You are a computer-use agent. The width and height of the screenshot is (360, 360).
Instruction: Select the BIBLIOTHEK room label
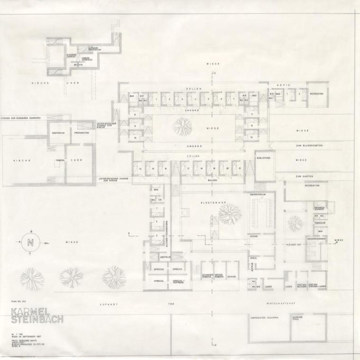pos(264,158)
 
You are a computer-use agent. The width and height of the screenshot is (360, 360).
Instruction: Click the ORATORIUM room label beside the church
pos(58,133)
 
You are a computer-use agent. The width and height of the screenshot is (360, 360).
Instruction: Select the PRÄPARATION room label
pos(81,133)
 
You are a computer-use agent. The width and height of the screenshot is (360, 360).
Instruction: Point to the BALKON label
pos(212,180)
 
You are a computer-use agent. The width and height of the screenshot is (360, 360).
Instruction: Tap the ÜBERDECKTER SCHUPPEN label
pos(264,318)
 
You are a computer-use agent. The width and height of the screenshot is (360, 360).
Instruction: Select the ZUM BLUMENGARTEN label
pos(309,145)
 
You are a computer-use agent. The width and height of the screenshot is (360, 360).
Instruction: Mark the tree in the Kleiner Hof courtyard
pos(295,223)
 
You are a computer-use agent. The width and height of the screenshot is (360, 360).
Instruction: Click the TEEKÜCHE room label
pos(320,223)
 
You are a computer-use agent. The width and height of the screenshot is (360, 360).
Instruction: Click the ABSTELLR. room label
pos(165,258)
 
